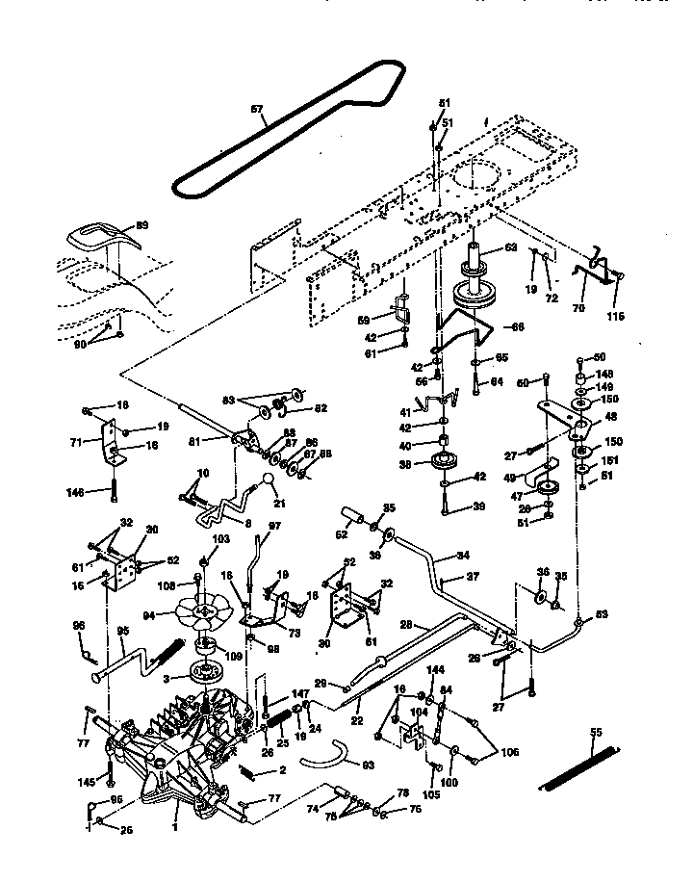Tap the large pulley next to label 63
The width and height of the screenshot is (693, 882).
coord(475,292)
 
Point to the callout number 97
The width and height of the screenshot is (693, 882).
coord(273,525)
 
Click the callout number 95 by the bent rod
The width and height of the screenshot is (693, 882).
coord(122,633)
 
